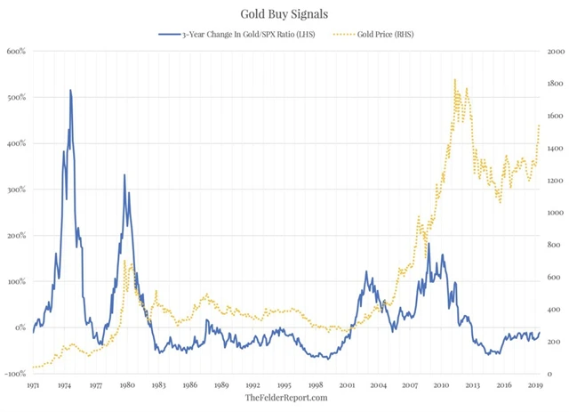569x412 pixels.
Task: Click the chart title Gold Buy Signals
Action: point(284,14)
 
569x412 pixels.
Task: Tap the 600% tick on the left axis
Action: point(16,51)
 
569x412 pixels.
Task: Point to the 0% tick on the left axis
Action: point(20,327)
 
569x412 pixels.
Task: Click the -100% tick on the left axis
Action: point(14,374)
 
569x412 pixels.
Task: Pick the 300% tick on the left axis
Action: point(16,190)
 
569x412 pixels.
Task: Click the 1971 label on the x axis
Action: point(34,385)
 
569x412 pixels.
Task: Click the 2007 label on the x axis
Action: point(411,385)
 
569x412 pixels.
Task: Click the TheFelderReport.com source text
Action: point(285,398)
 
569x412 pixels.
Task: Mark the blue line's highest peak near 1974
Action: point(69,90)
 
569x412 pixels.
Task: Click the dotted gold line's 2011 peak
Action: point(455,79)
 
